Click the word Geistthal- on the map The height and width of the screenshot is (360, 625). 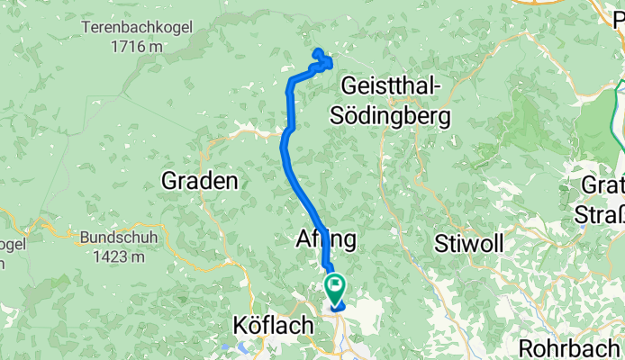(x=391, y=87)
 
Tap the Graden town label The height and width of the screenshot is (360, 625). (x=199, y=181)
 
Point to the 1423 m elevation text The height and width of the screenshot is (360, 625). (x=113, y=256)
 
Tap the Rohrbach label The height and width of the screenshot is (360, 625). (x=570, y=346)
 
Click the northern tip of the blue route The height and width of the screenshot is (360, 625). (x=316, y=51)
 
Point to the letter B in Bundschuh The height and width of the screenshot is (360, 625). (x=86, y=238)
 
